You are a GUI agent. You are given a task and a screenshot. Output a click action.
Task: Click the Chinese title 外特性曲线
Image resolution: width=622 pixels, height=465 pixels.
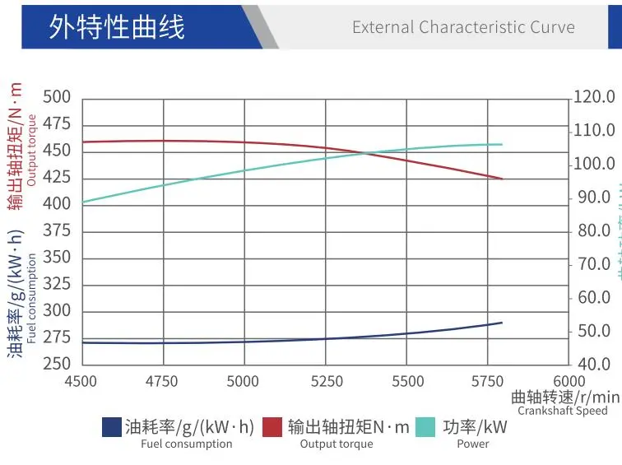click(x=116, y=26)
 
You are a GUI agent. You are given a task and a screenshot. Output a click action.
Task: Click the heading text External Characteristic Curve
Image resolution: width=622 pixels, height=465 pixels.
click(x=463, y=26)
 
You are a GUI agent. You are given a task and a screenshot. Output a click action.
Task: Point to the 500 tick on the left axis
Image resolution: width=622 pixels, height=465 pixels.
click(x=57, y=97)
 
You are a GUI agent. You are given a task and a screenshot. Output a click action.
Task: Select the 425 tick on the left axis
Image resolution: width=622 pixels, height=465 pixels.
click(x=57, y=177)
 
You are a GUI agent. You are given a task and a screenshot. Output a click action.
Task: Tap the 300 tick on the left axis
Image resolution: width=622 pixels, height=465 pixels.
click(x=57, y=310)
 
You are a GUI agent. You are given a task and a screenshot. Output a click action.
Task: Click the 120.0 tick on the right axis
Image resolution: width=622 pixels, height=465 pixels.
click(x=593, y=97)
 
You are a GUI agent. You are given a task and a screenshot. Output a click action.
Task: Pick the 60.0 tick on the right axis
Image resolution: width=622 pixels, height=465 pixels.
click(x=593, y=297)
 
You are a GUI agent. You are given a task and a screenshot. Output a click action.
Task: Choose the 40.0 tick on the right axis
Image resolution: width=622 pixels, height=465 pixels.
click(x=593, y=364)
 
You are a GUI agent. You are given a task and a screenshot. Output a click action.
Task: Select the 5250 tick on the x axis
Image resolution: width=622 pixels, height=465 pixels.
click(x=327, y=381)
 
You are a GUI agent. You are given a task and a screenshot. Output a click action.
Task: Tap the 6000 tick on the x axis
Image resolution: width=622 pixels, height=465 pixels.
click(x=569, y=381)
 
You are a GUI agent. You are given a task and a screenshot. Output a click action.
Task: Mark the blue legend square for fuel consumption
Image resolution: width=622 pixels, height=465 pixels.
click(x=112, y=427)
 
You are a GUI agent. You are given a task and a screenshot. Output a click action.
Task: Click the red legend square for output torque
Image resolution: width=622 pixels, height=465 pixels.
click(x=272, y=427)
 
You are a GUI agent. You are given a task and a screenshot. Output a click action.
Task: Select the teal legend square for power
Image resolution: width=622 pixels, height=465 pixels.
click(x=425, y=427)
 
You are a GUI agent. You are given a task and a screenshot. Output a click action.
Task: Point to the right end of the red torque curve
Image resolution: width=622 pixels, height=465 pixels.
click(x=501, y=179)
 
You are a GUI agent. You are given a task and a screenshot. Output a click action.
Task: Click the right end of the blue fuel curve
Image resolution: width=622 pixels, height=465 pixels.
click(x=501, y=323)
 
